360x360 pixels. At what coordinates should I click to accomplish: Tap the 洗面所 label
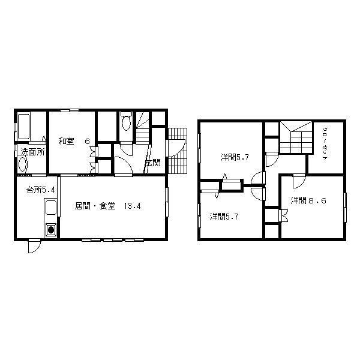tap(32, 152)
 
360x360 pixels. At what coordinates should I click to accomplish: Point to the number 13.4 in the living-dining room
tap(132, 206)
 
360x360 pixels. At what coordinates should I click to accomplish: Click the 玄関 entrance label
tap(152, 162)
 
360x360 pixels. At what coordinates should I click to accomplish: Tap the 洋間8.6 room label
tap(308, 200)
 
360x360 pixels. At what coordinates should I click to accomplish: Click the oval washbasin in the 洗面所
tap(23, 164)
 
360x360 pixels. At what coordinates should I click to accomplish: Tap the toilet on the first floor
tap(125, 122)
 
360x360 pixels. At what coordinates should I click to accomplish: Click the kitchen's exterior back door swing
tap(34, 247)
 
